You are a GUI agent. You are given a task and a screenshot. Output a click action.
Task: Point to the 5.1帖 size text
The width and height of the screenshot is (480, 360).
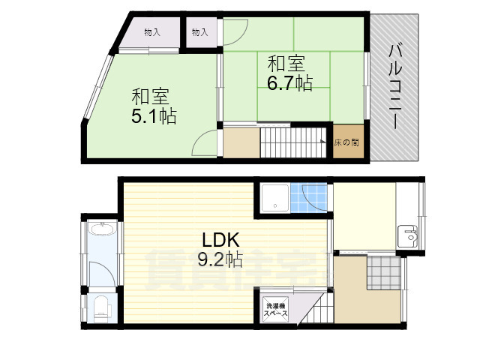point(154,116)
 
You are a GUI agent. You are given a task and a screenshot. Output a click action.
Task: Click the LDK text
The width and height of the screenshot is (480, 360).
point(219,241)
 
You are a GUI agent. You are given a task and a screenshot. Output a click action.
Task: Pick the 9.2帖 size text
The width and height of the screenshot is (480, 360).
point(219,260)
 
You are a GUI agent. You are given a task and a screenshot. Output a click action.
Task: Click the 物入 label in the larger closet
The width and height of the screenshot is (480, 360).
point(151,32)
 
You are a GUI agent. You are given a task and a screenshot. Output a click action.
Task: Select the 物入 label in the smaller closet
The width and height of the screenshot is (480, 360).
point(199,32)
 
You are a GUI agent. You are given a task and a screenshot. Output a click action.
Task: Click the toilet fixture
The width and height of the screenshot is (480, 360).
point(101,306)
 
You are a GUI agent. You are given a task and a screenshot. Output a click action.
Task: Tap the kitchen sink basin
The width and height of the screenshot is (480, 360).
point(409,235)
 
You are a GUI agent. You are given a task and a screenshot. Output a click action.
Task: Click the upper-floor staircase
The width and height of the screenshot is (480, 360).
point(295,142)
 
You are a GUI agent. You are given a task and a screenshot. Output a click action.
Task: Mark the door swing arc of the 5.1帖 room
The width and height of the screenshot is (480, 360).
point(202,142)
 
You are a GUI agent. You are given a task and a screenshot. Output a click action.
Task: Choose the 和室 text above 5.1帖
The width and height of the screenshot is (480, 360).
point(151,97)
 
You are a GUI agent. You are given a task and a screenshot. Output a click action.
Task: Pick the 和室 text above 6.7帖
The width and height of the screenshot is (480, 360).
point(285,62)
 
